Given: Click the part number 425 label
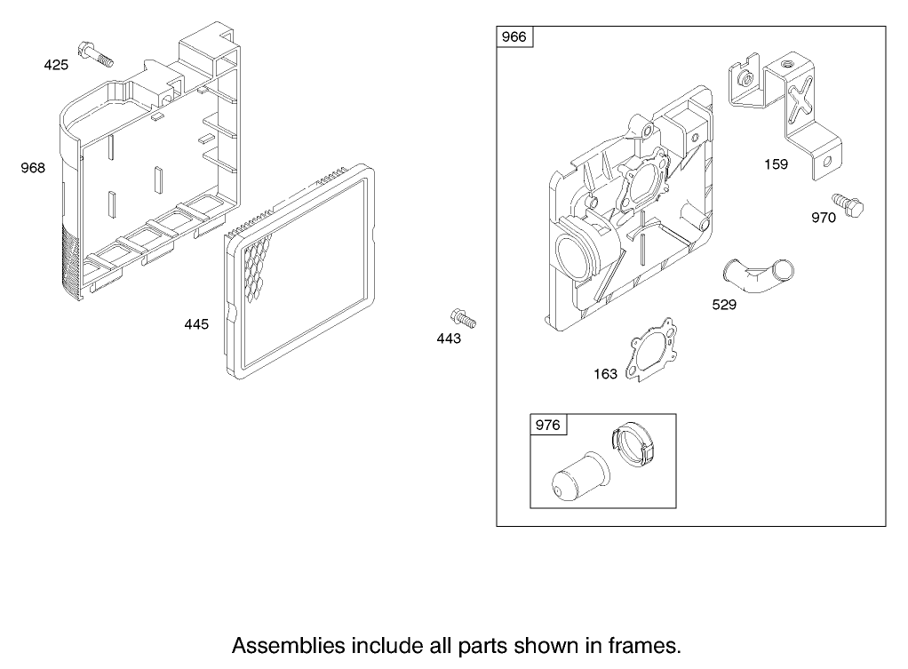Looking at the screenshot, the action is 56,65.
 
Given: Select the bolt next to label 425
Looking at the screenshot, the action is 96,54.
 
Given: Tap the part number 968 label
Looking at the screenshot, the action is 33,168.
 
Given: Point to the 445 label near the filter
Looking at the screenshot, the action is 196,324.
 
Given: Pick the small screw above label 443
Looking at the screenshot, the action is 463,318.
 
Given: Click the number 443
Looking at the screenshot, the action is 449,338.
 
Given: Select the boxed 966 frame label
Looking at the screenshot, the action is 514,37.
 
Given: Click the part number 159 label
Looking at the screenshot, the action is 776,164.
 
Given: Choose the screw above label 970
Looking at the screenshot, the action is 848,205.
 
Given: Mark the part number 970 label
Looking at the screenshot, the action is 824,218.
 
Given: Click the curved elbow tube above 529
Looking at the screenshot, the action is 759,275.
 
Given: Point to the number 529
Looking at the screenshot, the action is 724,305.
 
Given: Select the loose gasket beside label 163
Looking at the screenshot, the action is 652,350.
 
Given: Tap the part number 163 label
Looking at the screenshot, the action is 606,374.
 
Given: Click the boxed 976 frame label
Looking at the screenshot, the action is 548,426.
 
